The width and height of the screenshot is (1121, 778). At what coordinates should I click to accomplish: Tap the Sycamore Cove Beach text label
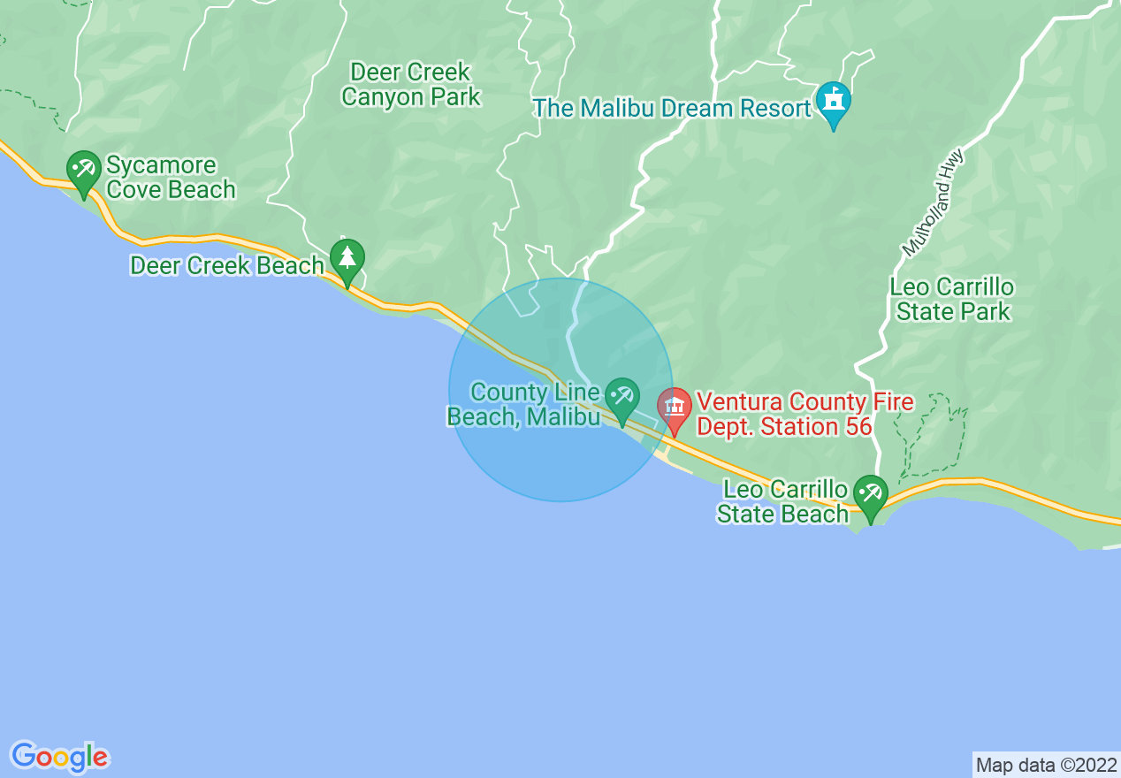coord(171,178)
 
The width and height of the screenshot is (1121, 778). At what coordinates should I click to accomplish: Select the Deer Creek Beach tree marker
coord(347,259)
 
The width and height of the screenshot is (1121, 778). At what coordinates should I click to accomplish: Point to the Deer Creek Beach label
coord(227,265)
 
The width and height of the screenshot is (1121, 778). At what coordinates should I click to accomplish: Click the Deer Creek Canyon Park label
coord(411,84)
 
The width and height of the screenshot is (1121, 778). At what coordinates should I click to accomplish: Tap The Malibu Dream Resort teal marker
coord(833,101)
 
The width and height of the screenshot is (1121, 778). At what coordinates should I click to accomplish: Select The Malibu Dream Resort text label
coord(672,109)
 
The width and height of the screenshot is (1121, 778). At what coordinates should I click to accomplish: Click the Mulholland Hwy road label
coord(934,203)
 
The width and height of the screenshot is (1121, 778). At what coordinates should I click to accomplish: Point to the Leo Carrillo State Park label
coord(952,299)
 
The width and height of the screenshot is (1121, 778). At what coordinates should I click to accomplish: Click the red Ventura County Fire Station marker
coord(675,408)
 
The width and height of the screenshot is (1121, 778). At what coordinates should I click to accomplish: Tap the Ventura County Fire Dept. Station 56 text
coord(805,415)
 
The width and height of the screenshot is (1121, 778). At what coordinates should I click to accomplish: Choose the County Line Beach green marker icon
coord(622,397)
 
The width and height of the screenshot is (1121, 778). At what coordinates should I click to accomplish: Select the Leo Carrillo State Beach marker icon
coord(871,495)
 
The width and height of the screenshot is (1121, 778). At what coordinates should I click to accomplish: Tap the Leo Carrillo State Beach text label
coord(782,501)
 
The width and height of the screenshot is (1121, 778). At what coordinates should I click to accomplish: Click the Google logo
coord(60,757)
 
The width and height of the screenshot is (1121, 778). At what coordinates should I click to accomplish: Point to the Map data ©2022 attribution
coord(1046,764)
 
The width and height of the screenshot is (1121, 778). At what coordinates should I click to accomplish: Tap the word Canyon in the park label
coord(385,96)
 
